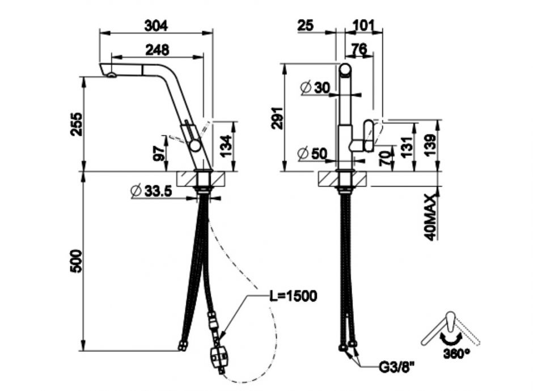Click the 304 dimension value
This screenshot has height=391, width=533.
156,26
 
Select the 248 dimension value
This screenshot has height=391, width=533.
158,50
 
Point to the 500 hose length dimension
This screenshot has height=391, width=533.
76,261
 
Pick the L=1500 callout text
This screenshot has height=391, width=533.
293,296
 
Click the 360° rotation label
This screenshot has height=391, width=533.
456,354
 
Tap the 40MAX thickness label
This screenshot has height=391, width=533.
431,218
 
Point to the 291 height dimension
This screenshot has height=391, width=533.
278,118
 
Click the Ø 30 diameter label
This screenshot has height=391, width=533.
315,88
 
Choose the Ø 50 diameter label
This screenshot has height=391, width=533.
312,154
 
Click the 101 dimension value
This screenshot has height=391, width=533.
363,25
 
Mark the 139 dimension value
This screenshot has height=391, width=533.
431,145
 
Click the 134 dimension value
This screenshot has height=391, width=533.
226,146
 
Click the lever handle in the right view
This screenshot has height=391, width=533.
369,136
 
